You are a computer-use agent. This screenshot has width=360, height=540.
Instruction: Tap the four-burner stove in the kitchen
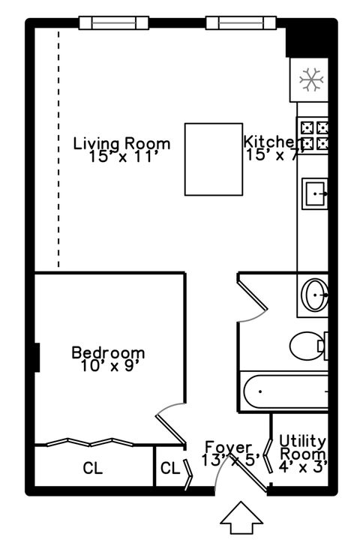pyautogui.click(x=313, y=134)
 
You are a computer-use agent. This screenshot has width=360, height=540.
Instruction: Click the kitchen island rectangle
pyautogui.click(x=214, y=159)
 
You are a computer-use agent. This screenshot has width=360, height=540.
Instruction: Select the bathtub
pyautogui.click(x=285, y=391)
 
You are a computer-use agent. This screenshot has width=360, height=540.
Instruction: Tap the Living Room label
pyautogui.click(x=121, y=142)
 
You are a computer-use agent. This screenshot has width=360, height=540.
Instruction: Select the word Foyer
pyautogui.click(x=228, y=447)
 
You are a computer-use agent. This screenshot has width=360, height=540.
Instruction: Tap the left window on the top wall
pyautogui.click(x=109, y=22)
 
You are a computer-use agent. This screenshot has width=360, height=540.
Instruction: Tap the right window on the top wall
pyautogui.click(x=237, y=22)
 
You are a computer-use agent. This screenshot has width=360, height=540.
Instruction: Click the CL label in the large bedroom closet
pyautogui.click(x=92, y=469)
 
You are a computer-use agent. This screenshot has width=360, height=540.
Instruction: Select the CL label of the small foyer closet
pyautogui.click(x=170, y=469)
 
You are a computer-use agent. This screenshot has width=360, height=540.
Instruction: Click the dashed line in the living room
pyautogui.click(x=58, y=150)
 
